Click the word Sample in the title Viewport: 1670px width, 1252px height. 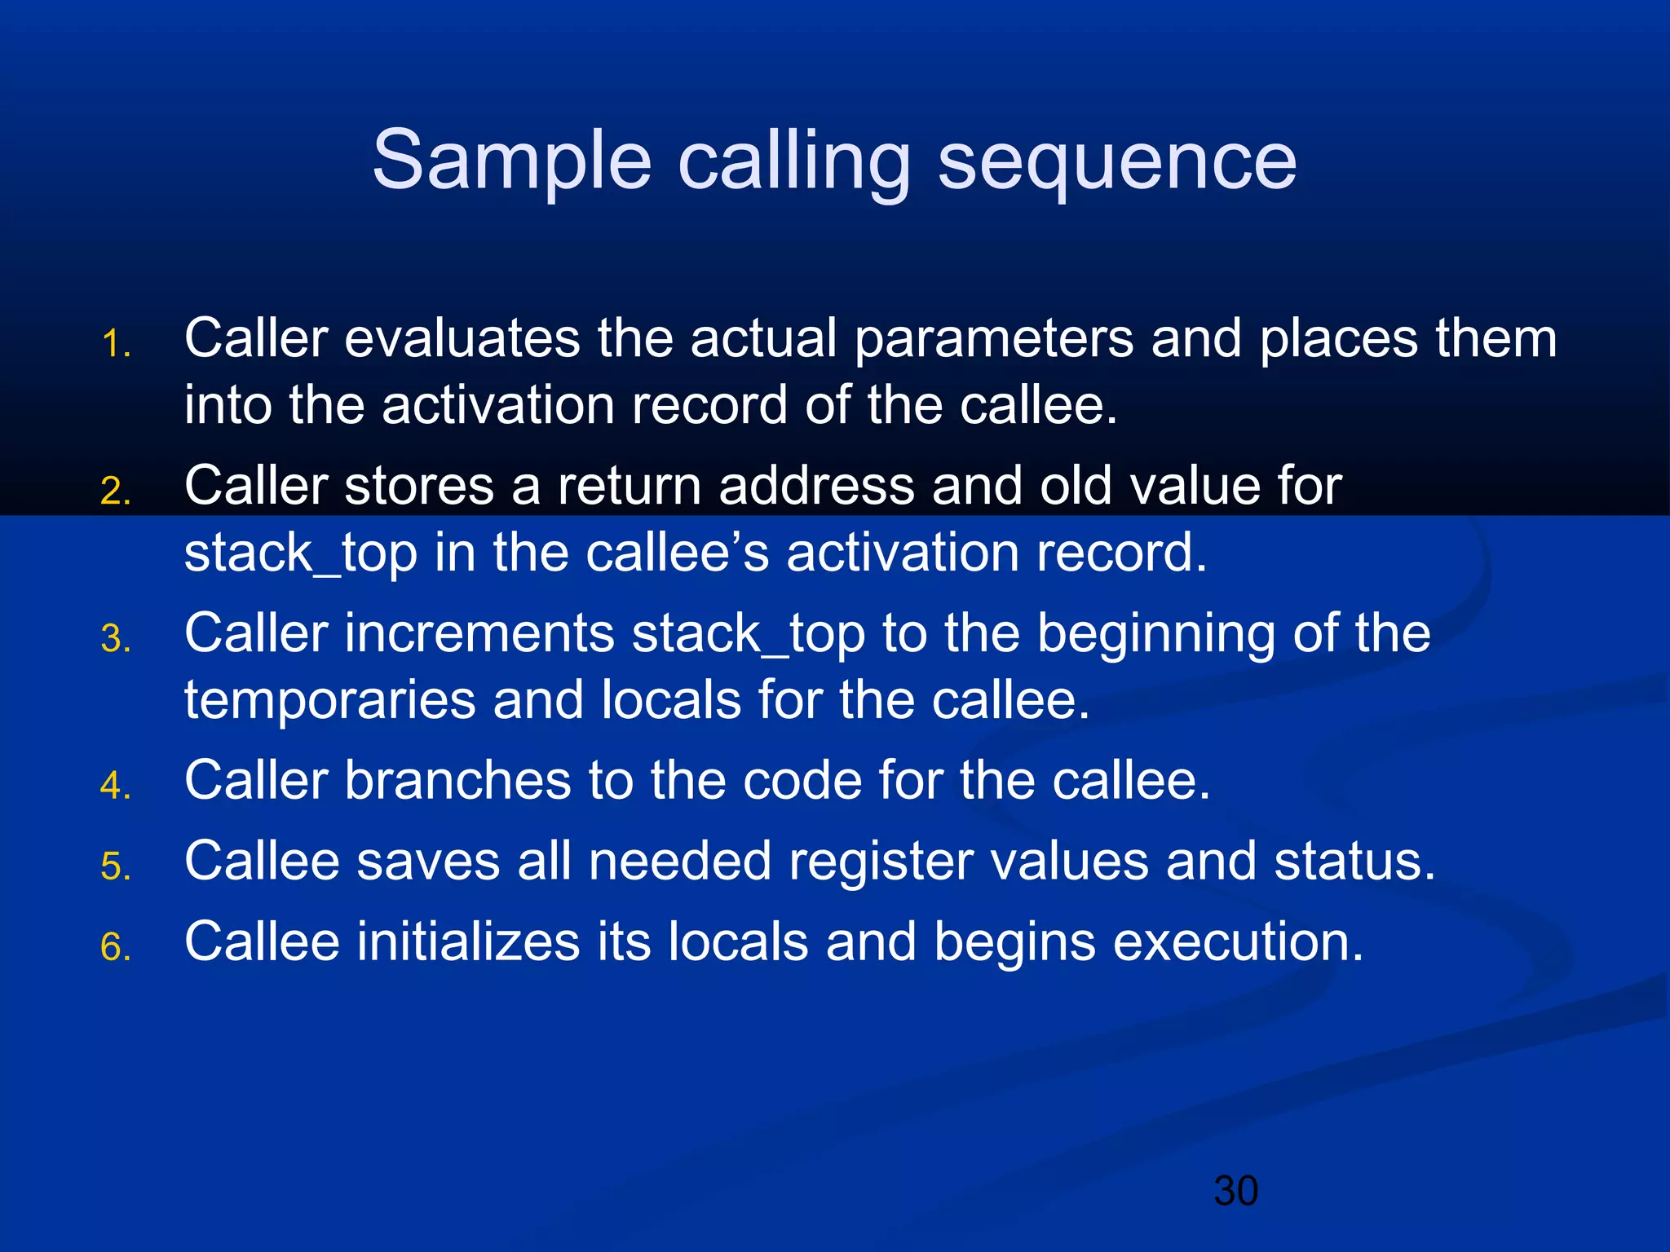pos(511,161)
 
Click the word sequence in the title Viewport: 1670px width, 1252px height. pos(1116,161)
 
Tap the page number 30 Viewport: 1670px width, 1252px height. pos(1235,1191)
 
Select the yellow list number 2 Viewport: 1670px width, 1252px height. pos(116,492)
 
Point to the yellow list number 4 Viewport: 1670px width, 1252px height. pos(116,786)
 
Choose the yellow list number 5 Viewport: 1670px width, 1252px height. pos(116,866)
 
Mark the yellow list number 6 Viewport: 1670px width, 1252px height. pos(116,947)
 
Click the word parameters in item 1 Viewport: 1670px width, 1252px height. pos(993,339)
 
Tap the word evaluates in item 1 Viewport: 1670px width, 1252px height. pos(462,339)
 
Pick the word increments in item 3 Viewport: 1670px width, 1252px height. pos(479,633)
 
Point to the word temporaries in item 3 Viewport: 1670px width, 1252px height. pos(329,701)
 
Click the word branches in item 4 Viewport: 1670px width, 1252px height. pos(457,781)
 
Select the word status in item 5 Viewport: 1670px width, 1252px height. pos(1354,862)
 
